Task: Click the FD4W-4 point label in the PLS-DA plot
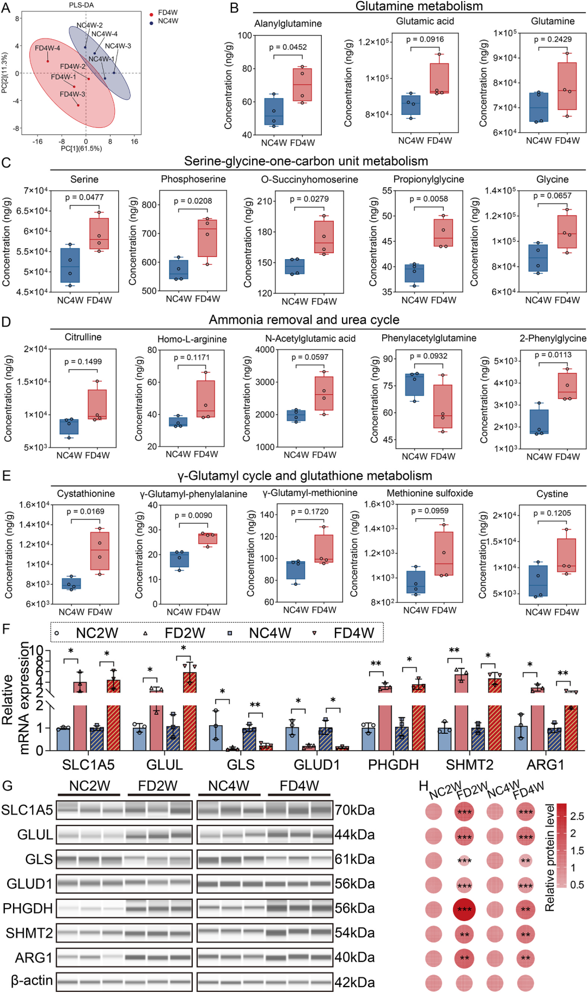[47, 48]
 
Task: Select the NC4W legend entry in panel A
[164, 21]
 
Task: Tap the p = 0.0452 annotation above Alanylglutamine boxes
[288, 47]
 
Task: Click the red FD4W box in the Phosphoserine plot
[207, 238]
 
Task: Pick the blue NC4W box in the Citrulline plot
[69, 426]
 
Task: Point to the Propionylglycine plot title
[428, 179]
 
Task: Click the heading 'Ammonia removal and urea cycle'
[304, 320]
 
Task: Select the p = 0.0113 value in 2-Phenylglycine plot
[553, 355]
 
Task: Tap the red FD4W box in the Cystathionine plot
[100, 551]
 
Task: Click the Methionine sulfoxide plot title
[430, 493]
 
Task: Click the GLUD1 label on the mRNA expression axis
[317, 765]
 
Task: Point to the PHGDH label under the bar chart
[393, 765]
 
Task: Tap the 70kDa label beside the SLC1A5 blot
[355, 810]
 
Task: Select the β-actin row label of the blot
[32, 980]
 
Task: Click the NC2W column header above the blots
[89, 786]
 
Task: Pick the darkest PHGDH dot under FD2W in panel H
[464, 909]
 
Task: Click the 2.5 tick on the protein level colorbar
[577, 816]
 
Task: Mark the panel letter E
[7, 476]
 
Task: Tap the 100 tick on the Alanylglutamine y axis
[245, 35]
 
